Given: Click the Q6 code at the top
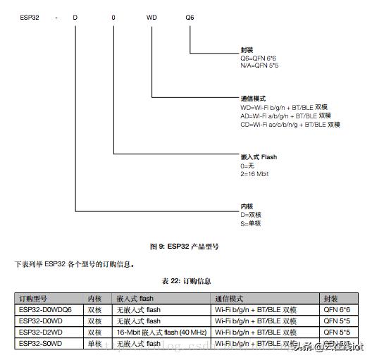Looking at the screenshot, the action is click(190, 15).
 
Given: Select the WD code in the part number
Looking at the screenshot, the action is click(151, 15).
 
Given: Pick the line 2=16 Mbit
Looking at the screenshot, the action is click(255, 173).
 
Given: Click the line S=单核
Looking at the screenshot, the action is click(251, 223).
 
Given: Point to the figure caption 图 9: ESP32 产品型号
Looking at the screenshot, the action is click(185, 247).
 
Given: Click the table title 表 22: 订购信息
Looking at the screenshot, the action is click(186, 280).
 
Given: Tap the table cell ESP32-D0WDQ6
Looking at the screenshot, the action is click(46, 310).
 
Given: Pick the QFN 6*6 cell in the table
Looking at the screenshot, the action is click(336, 310).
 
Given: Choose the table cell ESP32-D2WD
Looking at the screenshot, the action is click(42, 332).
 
